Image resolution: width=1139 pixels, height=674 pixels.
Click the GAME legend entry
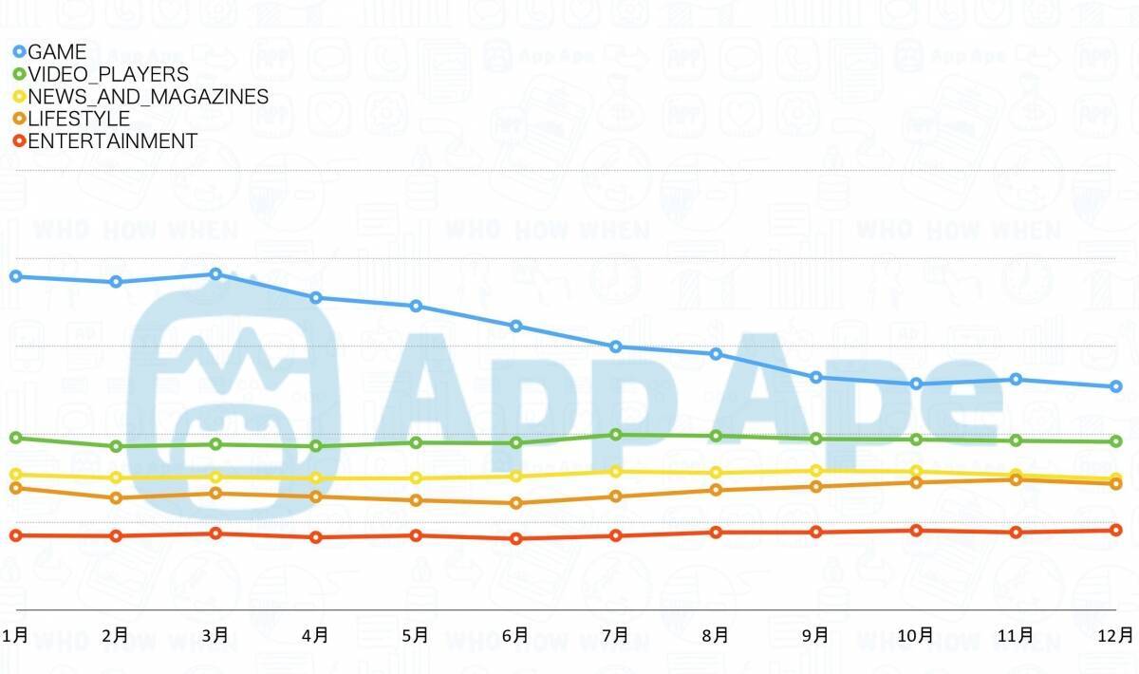(57, 52)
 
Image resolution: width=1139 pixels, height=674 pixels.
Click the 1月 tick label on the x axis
(15, 635)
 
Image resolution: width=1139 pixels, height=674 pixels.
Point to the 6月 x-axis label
(515, 635)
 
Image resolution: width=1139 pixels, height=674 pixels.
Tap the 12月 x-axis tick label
(1116, 635)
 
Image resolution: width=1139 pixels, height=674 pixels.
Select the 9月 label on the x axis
(815, 635)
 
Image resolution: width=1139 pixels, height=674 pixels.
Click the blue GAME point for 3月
(215, 274)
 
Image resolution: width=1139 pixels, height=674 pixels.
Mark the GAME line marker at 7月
(616, 346)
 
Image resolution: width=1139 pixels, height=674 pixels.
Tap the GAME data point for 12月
(1116, 386)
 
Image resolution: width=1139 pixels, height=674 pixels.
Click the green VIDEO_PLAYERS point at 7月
(616, 435)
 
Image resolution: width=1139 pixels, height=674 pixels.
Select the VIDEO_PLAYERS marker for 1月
(15, 438)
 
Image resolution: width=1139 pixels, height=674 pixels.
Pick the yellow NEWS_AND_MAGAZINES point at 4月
(315, 478)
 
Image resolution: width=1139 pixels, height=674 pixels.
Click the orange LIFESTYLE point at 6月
(515, 503)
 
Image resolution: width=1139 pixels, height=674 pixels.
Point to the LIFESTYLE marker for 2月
(116, 497)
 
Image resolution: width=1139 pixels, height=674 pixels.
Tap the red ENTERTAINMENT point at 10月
(916, 531)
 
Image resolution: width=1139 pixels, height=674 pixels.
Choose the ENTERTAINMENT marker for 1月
(15, 535)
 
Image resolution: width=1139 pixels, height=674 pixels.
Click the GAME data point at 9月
(815, 377)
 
